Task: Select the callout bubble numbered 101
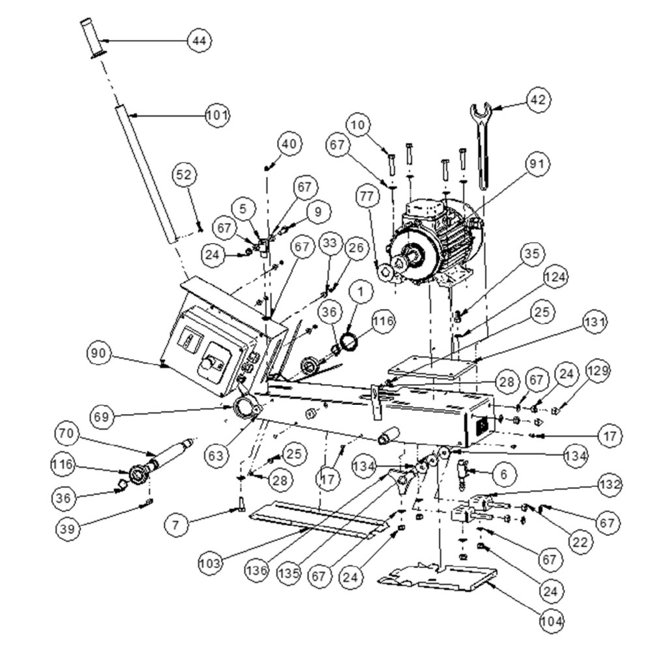tap(217, 116)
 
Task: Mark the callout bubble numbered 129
tap(598, 371)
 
